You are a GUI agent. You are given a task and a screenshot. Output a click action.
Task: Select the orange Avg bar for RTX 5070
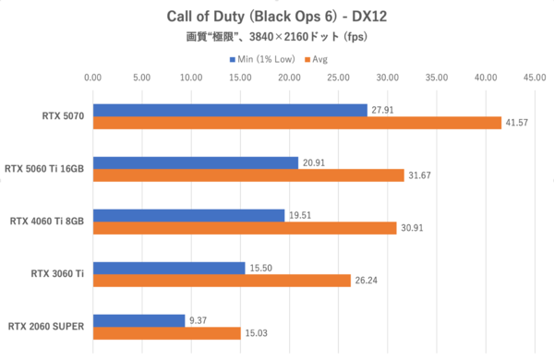click(296, 123)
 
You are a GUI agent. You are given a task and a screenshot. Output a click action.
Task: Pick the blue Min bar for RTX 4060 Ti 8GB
click(188, 215)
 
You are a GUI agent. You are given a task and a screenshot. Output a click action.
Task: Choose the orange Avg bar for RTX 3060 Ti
click(221, 281)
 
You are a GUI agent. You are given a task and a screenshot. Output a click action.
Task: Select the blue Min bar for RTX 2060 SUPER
click(138, 320)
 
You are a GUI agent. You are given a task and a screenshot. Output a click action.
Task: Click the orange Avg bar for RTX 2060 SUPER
click(166, 333)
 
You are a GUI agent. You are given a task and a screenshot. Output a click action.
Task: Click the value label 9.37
click(200, 320)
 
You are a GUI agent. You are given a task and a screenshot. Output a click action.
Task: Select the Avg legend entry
click(319, 59)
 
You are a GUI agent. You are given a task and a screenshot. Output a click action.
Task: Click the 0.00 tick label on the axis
click(91, 78)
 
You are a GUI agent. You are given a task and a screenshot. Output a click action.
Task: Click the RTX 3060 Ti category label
click(57, 274)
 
